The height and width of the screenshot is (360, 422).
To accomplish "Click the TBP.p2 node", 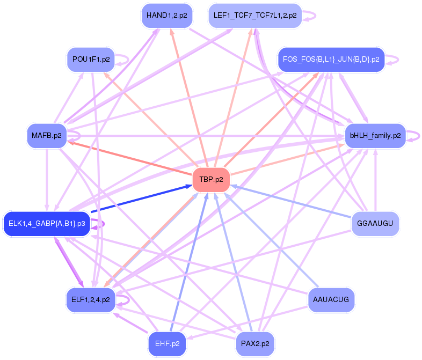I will coord(211,179).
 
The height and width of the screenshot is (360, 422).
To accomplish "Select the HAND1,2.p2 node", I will coord(166,16).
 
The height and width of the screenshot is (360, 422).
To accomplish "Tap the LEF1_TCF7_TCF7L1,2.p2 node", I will coord(255,16).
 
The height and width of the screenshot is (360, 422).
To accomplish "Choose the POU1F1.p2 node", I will coord(90,60).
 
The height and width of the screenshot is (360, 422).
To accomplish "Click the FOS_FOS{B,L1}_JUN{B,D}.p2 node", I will coord(331,60).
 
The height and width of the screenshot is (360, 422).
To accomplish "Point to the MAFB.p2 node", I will coord(46,135).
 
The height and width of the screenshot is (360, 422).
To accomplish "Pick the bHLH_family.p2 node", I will coord(375,135).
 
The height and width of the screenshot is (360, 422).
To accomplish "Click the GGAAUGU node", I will coord(375,223).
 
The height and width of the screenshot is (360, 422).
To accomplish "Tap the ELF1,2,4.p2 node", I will coord(90,299).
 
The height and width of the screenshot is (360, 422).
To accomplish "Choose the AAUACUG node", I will coord(331,299).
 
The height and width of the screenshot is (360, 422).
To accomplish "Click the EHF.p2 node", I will coord(167,343).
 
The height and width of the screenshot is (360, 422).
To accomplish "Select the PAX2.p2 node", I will coord(255,343).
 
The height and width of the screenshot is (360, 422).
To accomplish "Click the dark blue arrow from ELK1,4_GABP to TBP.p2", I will coord(140,199).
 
